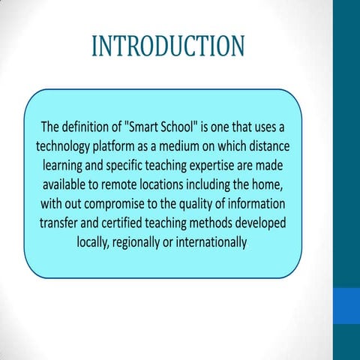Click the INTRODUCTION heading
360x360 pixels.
[x=167, y=46]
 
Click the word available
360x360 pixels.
[x=68, y=183]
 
